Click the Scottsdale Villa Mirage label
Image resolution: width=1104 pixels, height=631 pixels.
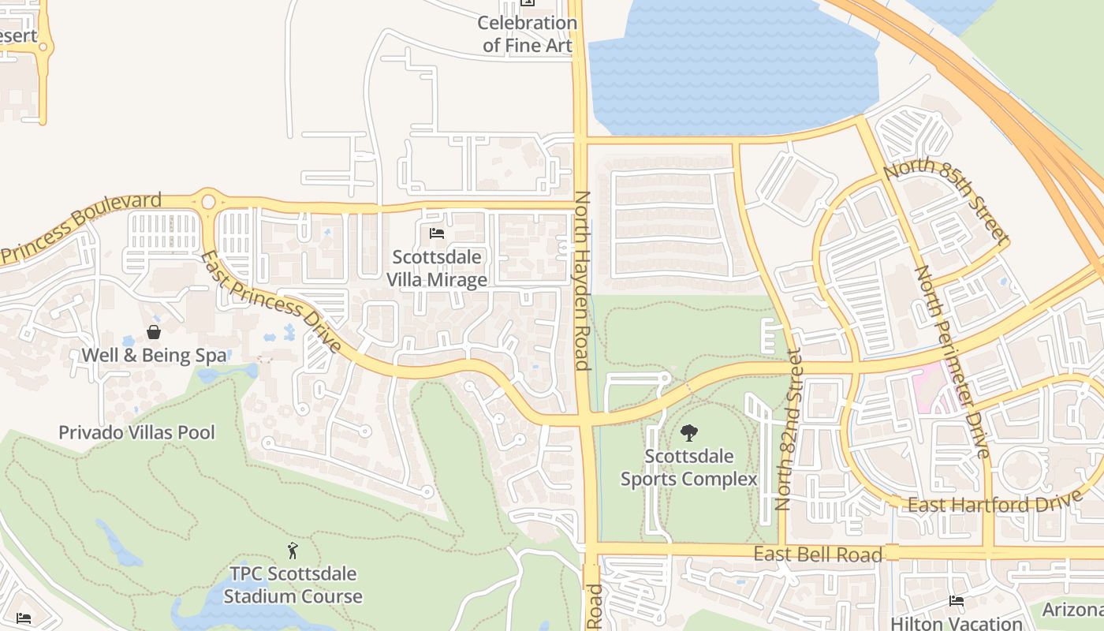(x=437, y=268)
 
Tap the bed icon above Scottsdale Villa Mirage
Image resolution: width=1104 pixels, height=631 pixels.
(x=437, y=233)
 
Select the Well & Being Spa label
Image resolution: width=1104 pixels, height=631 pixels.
(x=154, y=355)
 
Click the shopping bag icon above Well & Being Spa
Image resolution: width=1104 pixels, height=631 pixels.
(x=154, y=332)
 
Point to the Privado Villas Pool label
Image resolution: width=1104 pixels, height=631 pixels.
(x=136, y=432)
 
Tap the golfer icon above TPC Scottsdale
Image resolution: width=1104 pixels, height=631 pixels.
(x=293, y=550)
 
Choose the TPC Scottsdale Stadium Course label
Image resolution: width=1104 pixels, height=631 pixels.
(x=293, y=584)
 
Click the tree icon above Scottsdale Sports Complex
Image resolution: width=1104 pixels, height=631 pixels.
(x=688, y=432)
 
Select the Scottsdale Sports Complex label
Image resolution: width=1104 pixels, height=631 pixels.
(x=688, y=468)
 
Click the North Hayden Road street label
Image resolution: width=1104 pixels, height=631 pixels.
(x=582, y=280)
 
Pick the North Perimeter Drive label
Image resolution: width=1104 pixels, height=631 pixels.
(x=951, y=361)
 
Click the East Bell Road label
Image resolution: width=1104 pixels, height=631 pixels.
(x=818, y=554)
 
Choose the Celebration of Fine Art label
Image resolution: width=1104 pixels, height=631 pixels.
(x=527, y=34)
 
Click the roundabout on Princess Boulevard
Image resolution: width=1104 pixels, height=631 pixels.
(x=208, y=201)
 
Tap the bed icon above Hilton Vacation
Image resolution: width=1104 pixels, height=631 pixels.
(x=957, y=601)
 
